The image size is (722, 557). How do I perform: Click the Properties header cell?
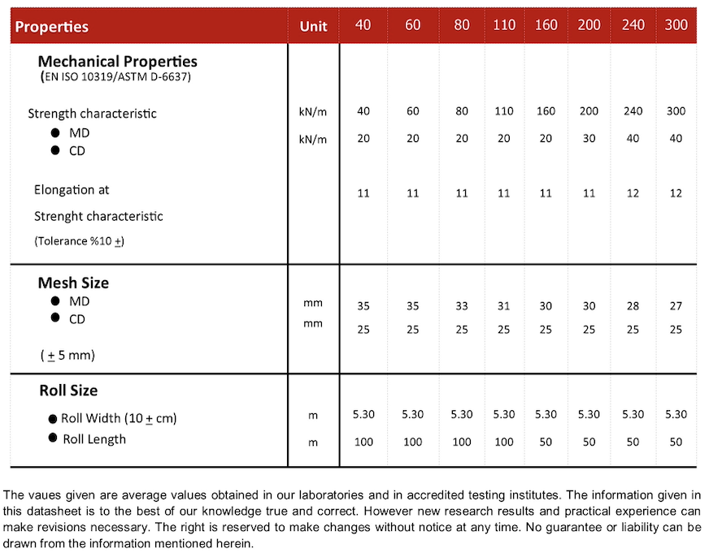[x=52, y=27]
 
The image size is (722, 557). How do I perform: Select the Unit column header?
[x=313, y=27]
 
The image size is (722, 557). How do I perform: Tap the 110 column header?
[x=504, y=25]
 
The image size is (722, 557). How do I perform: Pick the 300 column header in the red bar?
[x=676, y=25]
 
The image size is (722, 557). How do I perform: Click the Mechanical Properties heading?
[x=118, y=61]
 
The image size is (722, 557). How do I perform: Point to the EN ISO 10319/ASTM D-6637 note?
[x=115, y=77]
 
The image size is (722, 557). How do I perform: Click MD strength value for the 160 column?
[x=546, y=111]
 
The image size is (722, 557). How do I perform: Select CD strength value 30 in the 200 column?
[x=589, y=138]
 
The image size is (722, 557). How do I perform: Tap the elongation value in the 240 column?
[x=633, y=193]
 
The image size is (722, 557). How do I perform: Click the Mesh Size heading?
[x=73, y=283]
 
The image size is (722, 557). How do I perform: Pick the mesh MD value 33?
[x=462, y=306]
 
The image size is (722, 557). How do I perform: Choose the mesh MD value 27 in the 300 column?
[x=676, y=306]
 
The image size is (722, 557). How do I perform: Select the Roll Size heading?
[x=68, y=391]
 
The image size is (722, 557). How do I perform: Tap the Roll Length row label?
[x=94, y=439]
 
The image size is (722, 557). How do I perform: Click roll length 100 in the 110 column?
[x=504, y=441]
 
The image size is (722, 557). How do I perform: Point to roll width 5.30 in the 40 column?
[x=363, y=414]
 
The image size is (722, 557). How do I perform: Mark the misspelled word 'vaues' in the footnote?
[x=41, y=494]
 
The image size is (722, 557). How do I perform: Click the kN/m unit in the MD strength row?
[x=313, y=112]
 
